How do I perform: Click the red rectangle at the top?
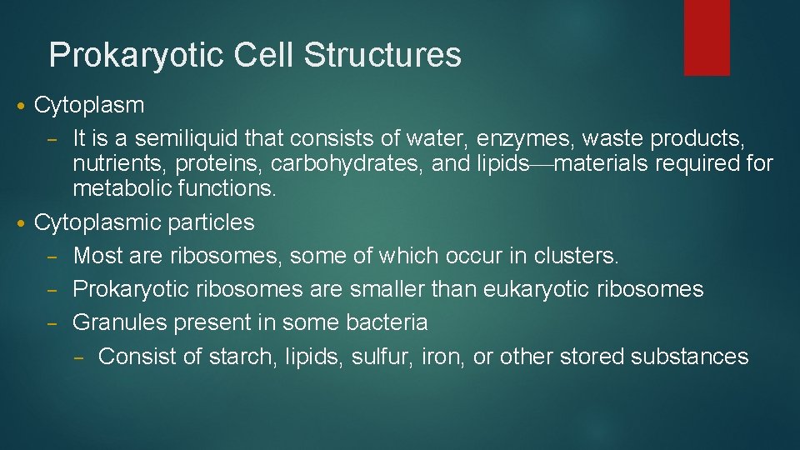coord(707,37)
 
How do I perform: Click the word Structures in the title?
coord(382,55)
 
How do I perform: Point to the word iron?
coord(440,357)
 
